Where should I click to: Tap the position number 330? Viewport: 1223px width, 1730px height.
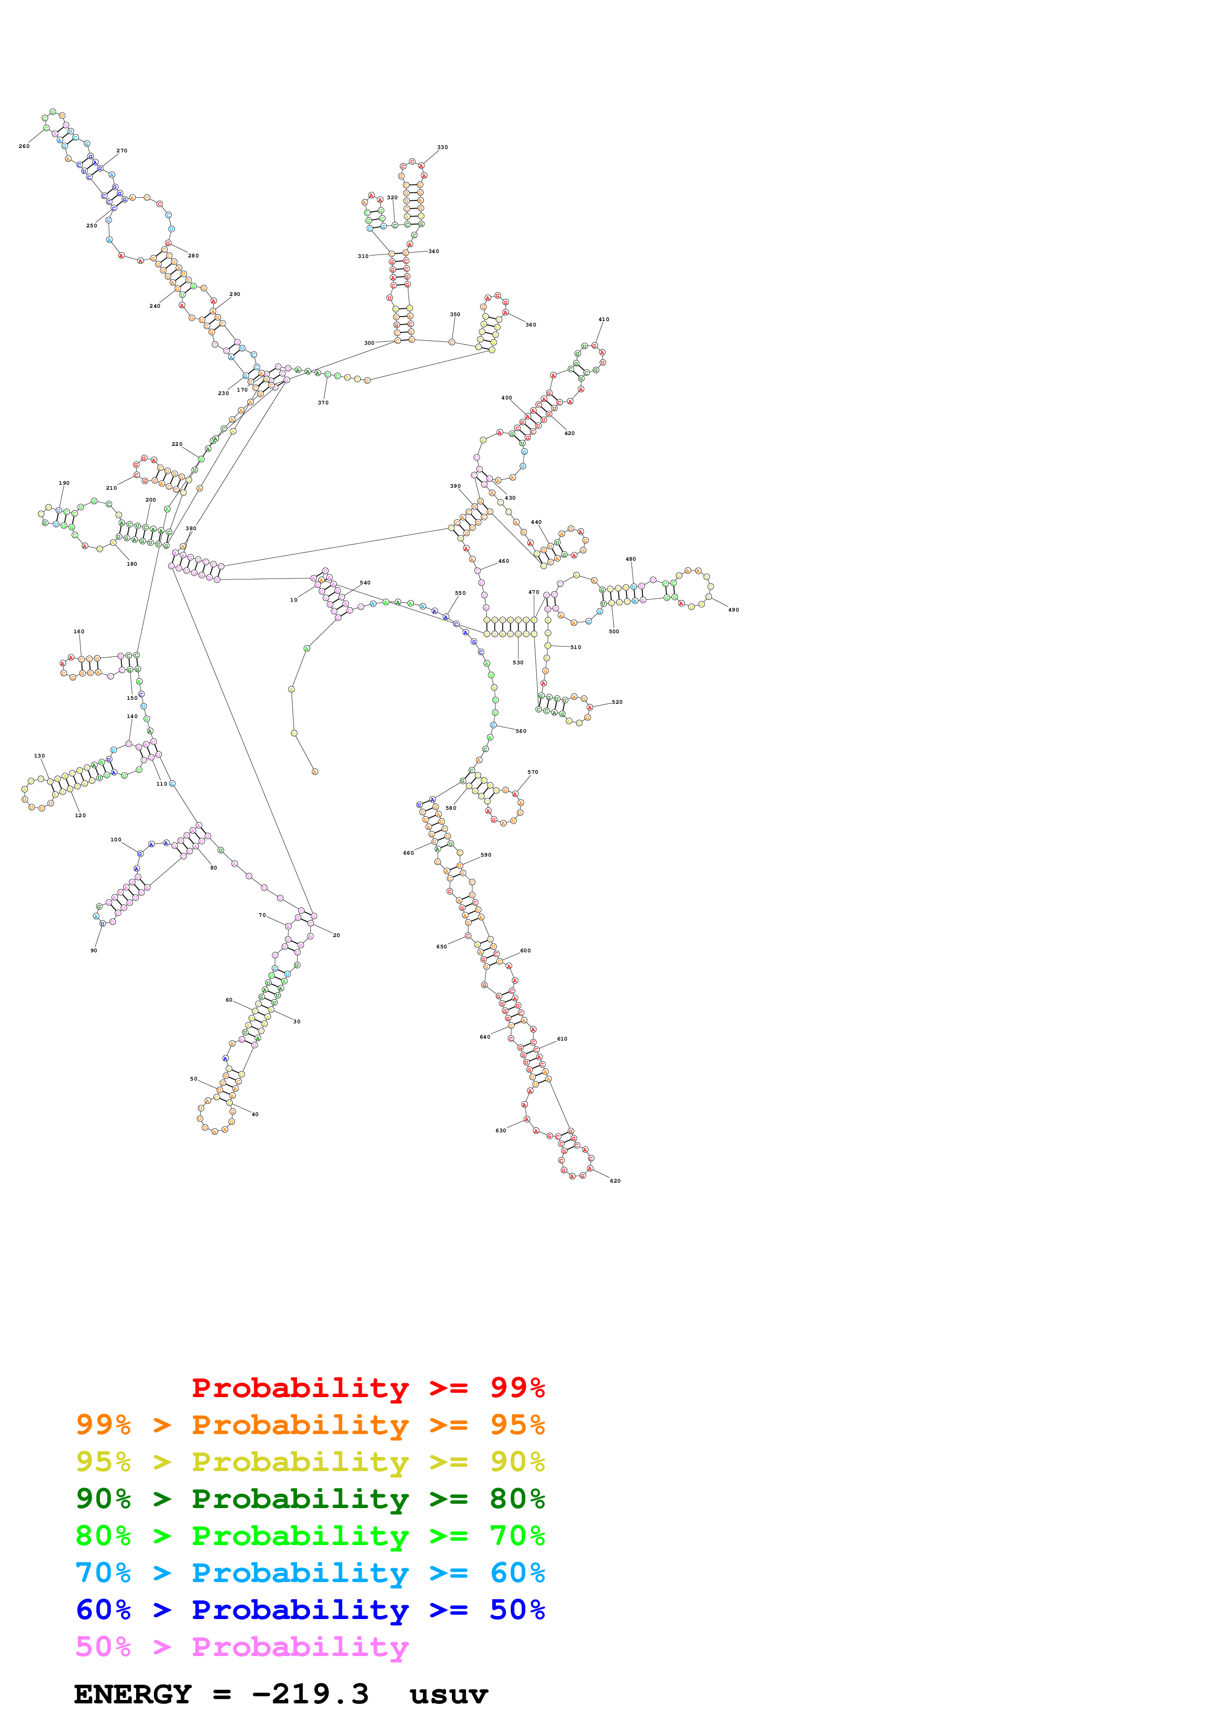pyautogui.click(x=443, y=147)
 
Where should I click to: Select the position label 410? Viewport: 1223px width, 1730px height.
pyautogui.click(x=603, y=320)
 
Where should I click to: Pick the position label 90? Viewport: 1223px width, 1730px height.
pyautogui.click(x=93, y=950)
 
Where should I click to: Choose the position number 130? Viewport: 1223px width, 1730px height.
pyautogui.click(x=39, y=756)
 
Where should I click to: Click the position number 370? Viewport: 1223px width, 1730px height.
pyautogui.click(x=323, y=402)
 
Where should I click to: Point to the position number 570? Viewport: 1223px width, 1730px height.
pyautogui.click(x=533, y=772)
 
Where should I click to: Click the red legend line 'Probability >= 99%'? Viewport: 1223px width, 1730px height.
pyautogui.click(x=368, y=1387)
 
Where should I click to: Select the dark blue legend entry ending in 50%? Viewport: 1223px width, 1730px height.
pyautogui.click(x=310, y=1610)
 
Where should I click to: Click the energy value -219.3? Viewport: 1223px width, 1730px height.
pyautogui.click(x=310, y=1694)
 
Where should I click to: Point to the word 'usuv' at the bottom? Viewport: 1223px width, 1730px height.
pyautogui.click(x=448, y=1694)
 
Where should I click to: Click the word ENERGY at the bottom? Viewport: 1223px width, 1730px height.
pyautogui.click(x=133, y=1694)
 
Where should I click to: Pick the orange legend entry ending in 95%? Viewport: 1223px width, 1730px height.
pyautogui.click(x=310, y=1424)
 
